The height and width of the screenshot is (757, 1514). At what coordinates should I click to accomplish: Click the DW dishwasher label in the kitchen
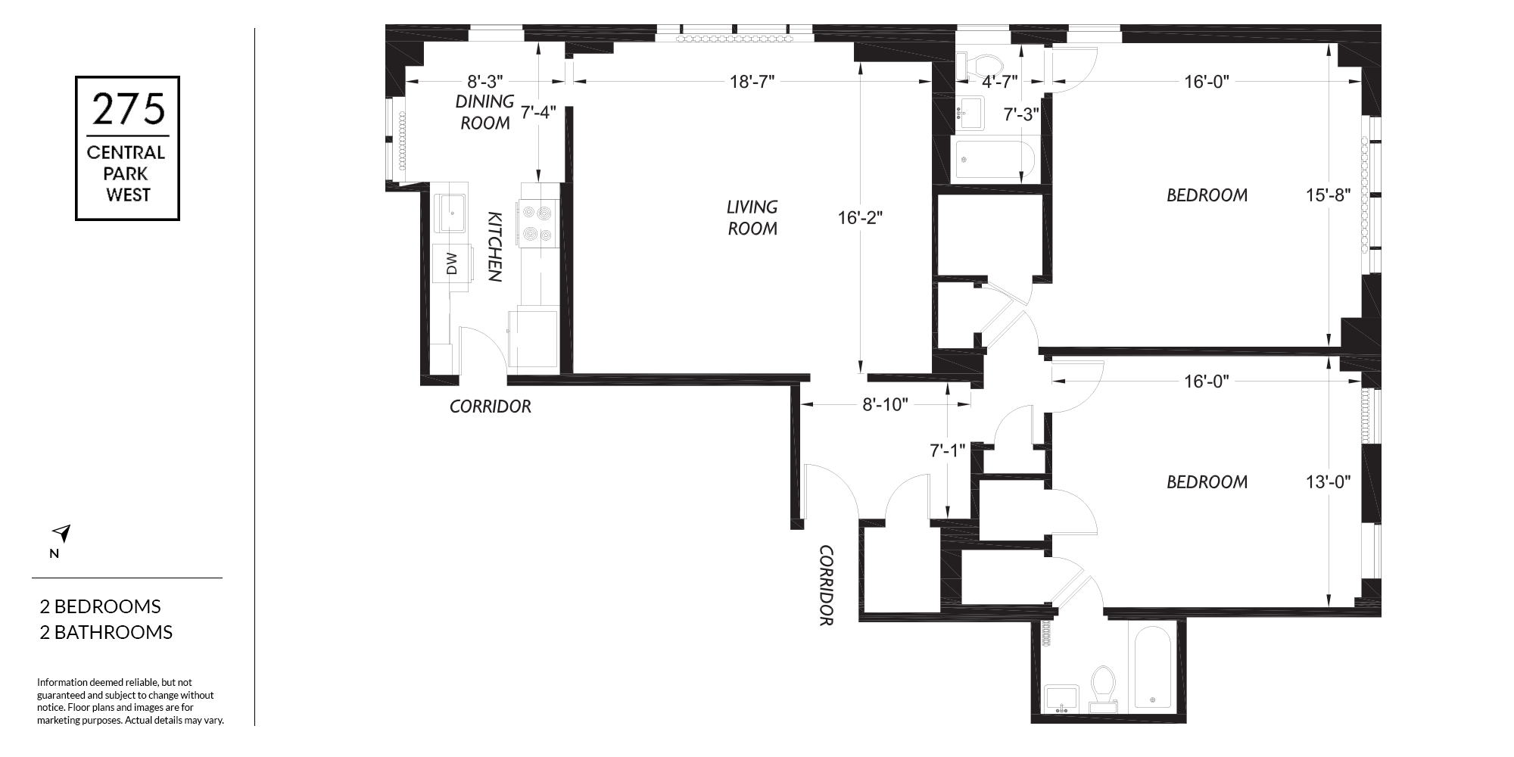tap(452, 263)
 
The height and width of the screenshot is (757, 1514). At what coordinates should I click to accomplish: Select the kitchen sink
tap(453, 213)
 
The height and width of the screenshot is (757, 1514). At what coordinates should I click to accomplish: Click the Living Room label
tap(752, 217)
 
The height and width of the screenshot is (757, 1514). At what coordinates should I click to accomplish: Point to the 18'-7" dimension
tap(752, 82)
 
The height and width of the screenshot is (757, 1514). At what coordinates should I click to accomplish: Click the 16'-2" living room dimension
tap(861, 218)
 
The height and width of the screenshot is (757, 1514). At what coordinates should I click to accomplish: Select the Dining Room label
tap(485, 112)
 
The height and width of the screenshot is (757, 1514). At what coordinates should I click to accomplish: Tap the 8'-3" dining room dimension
tap(484, 81)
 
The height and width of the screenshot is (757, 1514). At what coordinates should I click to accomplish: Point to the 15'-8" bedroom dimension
tap(1329, 195)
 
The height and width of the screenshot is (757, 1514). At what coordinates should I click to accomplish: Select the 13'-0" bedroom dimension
tap(1329, 481)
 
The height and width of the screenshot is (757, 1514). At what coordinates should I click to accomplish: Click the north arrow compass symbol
tap(62, 533)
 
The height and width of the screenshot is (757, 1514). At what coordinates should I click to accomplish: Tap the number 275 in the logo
tap(128, 109)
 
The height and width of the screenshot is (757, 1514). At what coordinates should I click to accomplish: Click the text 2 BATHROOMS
tap(106, 632)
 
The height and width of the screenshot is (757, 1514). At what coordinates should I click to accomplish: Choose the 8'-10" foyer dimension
tap(885, 404)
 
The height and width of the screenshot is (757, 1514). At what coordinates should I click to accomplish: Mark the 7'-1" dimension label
tap(948, 450)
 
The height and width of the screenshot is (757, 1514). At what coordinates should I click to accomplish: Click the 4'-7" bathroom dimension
tap(999, 81)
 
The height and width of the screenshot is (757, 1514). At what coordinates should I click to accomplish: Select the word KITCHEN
tap(494, 247)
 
